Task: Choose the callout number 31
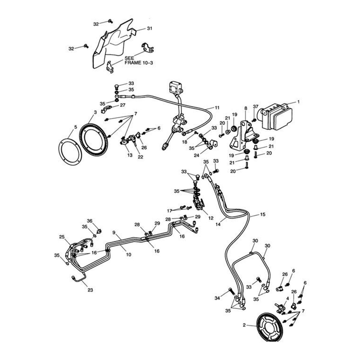tap(150, 28)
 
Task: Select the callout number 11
tap(217, 107)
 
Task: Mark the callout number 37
tap(255, 106)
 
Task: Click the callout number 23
tap(90, 290)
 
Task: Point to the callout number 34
tap(217, 298)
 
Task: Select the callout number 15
tap(262, 214)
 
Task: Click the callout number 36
tap(89, 220)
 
